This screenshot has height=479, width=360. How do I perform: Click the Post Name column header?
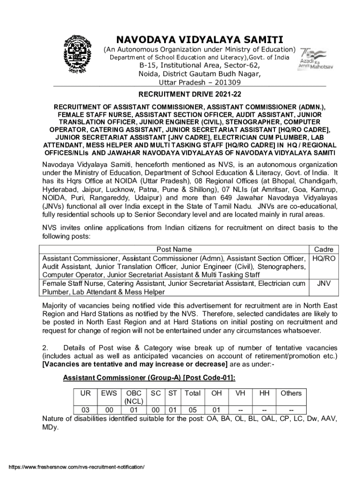tap(174, 249)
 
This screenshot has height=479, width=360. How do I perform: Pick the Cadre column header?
tap(324, 249)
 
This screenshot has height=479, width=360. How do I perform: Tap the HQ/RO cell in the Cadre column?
tap(324, 258)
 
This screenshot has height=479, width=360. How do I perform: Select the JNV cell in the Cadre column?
tap(324, 283)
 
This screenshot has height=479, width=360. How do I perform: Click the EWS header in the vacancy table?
tap(109, 393)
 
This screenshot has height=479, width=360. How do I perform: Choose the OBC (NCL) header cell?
tap(133, 397)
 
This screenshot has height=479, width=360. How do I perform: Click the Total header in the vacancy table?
tap(192, 393)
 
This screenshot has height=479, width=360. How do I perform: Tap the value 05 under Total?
tap(192, 410)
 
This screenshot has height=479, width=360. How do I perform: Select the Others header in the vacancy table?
tap(291, 393)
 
